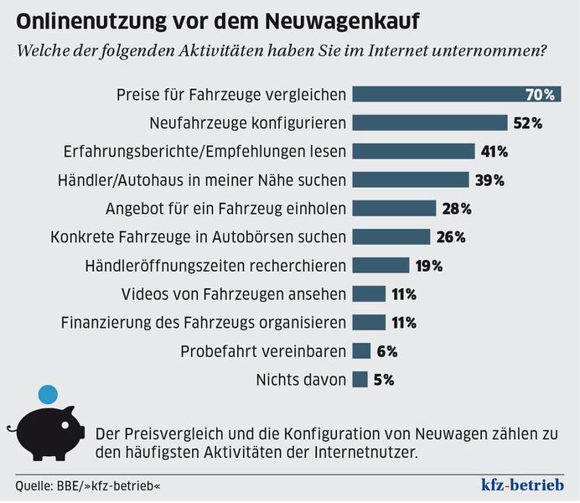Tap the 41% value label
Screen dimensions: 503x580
pos(495,152)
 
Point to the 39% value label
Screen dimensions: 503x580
pos(488,180)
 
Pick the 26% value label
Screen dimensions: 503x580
pos(451,237)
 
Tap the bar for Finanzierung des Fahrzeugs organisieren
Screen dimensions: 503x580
pos(369,323)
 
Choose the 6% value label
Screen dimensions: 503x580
pos(386,351)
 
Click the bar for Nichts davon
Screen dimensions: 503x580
pos(360,380)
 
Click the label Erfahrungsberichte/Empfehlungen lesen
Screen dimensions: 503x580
pos(205,152)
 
